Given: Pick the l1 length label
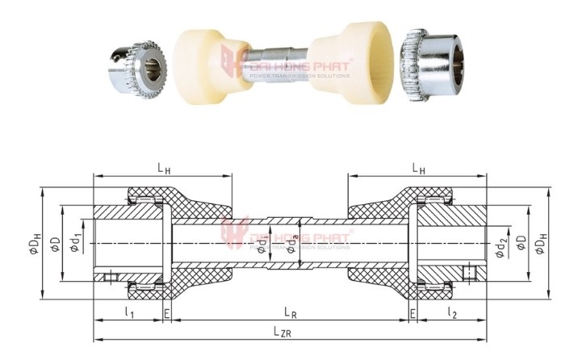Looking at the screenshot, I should click(x=129, y=312).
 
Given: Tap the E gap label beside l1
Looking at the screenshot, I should click(x=167, y=312).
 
